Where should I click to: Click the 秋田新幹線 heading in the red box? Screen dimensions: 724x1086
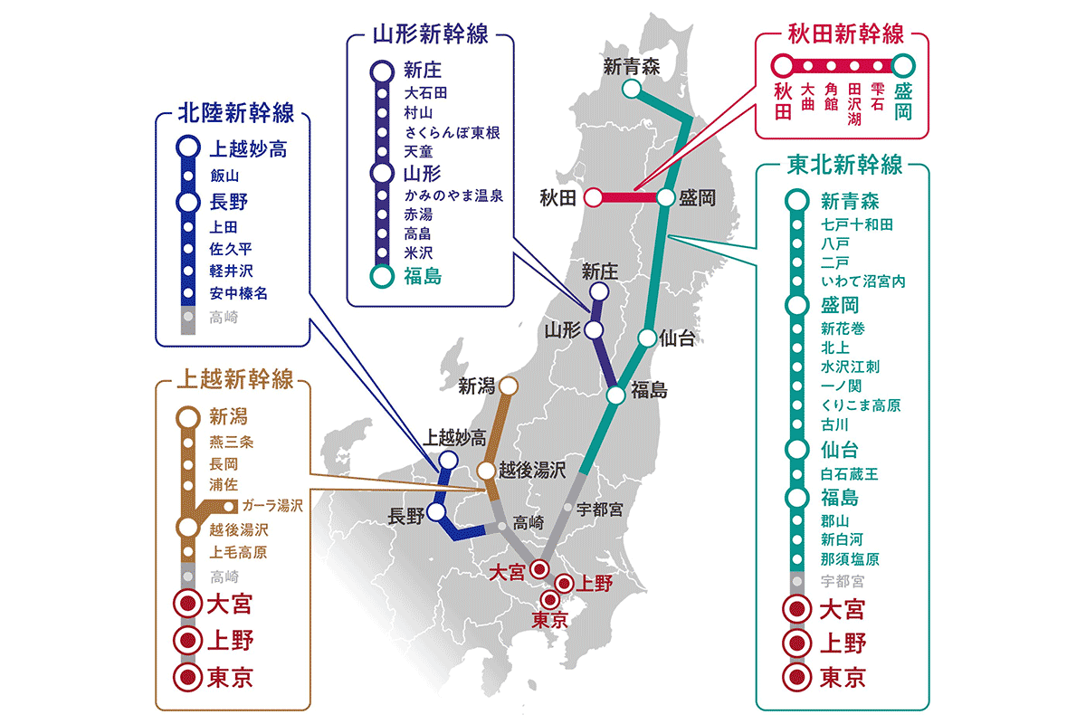(x=842, y=35)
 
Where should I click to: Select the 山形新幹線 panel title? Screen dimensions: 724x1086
(x=431, y=35)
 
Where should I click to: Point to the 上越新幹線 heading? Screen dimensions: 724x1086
(x=235, y=379)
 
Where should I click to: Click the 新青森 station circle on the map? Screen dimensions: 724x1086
(x=632, y=89)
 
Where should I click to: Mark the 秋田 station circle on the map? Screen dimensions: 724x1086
(x=594, y=197)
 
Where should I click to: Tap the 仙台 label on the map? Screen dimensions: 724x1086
(x=677, y=338)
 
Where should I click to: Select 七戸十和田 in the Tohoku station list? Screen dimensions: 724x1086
(x=857, y=224)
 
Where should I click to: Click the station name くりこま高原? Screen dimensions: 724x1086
(x=861, y=405)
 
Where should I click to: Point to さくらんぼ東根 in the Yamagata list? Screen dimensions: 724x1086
(x=452, y=131)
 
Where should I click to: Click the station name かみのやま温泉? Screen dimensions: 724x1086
(x=453, y=195)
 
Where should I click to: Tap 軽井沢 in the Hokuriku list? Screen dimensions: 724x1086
(x=232, y=271)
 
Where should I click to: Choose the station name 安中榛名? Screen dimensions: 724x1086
(x=238, y=293)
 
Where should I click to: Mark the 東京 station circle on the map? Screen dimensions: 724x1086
(x=550, y=599)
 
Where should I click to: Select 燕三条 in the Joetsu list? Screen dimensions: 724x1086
(x=232, y=442)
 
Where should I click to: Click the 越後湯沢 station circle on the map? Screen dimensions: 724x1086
(x=486, y=471)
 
